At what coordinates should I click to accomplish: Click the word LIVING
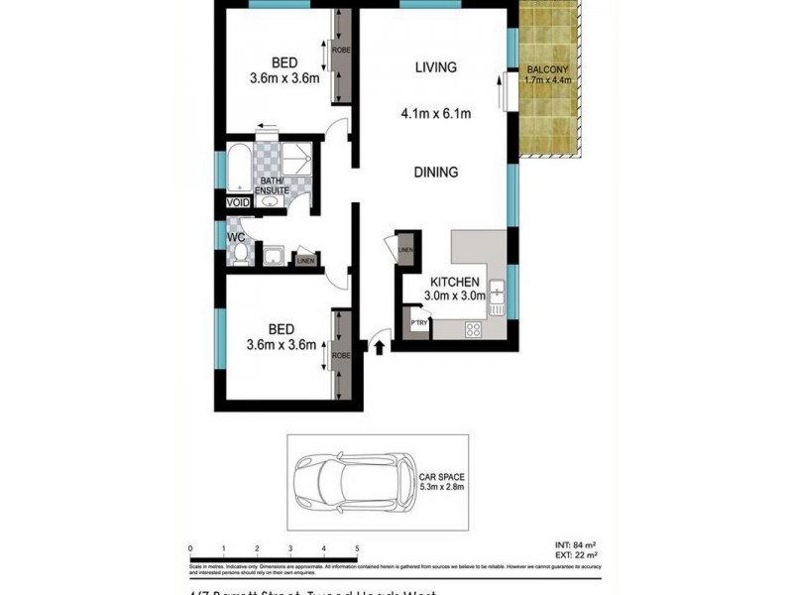click(436, 67)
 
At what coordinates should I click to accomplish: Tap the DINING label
click(436, 172)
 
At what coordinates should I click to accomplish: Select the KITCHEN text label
click(456, 282)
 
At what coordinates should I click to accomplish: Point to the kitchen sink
click(497, 291)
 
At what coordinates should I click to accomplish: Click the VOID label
click(239, 202)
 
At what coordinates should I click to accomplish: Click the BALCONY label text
click(547, 68)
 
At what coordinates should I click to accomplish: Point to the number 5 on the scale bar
click(356, 547)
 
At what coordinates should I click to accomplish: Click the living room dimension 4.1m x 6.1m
click(436, 112)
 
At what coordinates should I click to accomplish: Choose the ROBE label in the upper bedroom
click(340, 50)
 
